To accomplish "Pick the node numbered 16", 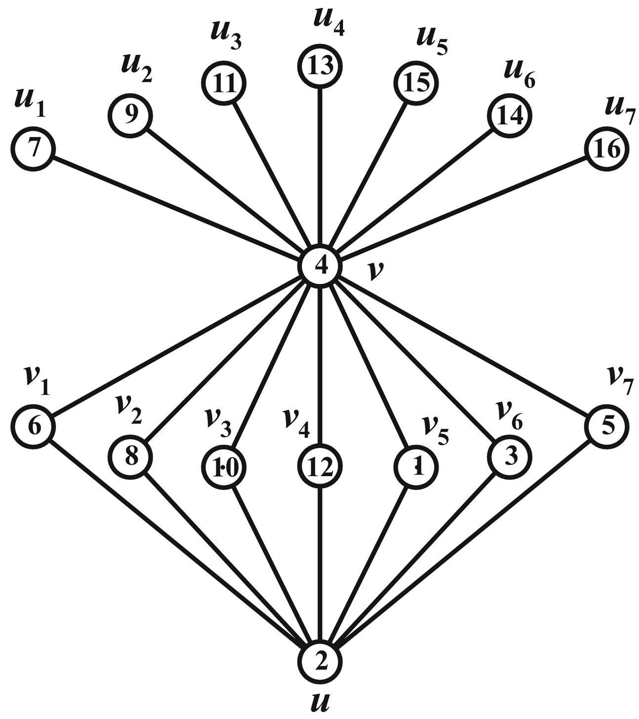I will [608, 149].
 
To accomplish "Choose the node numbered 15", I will [416, 83].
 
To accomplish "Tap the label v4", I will [296, 423].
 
